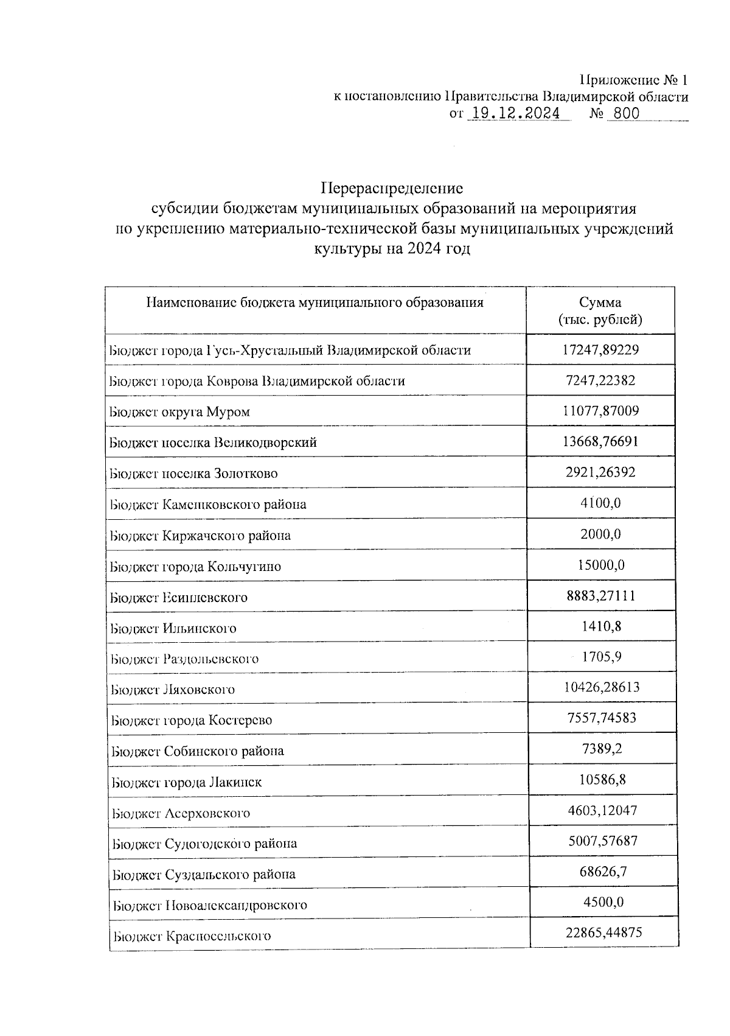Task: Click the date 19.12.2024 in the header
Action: [516, 114]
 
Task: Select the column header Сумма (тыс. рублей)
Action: [600, 311]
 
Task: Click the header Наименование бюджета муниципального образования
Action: [315, 303]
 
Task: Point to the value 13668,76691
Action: [600, 441]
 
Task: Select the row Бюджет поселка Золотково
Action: [193, 474]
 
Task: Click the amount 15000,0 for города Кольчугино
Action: [600, 565]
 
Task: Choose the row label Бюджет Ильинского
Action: [173, 628]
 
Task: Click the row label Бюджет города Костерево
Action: [191, 721]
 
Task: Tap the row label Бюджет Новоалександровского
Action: [210, 905]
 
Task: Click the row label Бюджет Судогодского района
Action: [205, 844]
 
